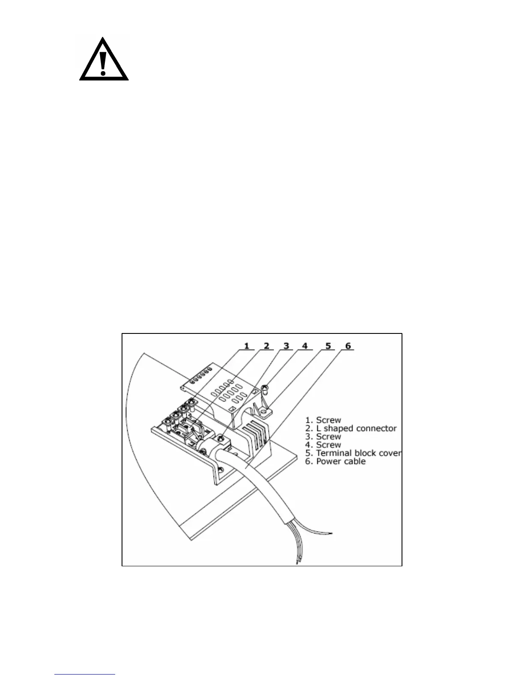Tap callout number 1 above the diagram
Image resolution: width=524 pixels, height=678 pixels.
tap(247, 345)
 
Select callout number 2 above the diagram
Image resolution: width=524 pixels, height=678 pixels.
tap(267, 345)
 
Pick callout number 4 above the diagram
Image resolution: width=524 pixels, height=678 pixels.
tap(305, 345)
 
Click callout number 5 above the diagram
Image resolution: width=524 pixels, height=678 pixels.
tap(328, 345)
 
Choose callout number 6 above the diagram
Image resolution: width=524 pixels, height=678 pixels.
tap(348, 345)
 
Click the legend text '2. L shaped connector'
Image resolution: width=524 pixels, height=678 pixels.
tap(351, 428)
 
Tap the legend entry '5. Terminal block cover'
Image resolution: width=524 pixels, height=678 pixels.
tap(353, 453)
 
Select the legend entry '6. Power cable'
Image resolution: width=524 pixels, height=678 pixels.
tap(335, 462)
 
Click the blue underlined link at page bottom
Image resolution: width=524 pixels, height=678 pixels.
tap(85, 674)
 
